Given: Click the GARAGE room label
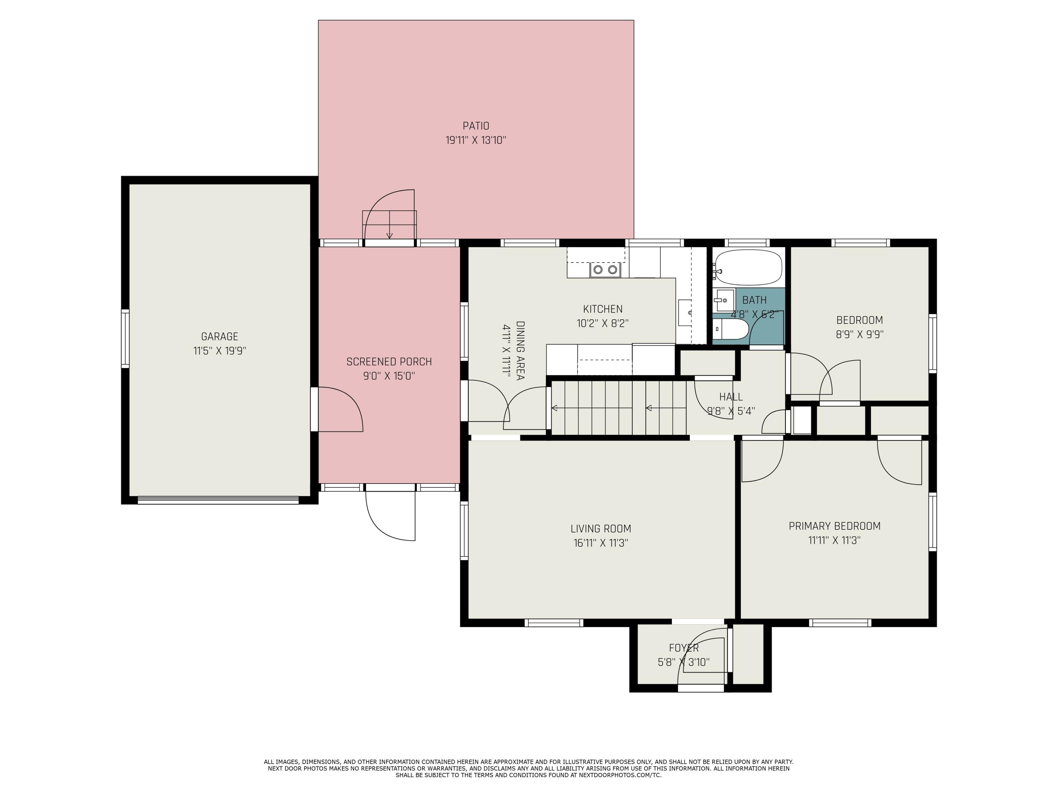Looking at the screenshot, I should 220,337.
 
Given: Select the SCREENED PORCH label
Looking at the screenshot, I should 389,362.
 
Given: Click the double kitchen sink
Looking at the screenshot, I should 605,270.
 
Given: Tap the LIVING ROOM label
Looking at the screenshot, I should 601,529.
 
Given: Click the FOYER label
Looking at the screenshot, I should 683,648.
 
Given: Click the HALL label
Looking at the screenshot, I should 731,397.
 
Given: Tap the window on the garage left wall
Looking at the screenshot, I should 125,338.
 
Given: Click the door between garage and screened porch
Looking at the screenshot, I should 314,409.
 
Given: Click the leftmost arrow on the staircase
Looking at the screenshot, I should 555,408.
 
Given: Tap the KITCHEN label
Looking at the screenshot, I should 603,309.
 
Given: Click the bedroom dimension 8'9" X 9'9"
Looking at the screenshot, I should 859,334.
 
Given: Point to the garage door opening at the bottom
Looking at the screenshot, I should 218,500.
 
